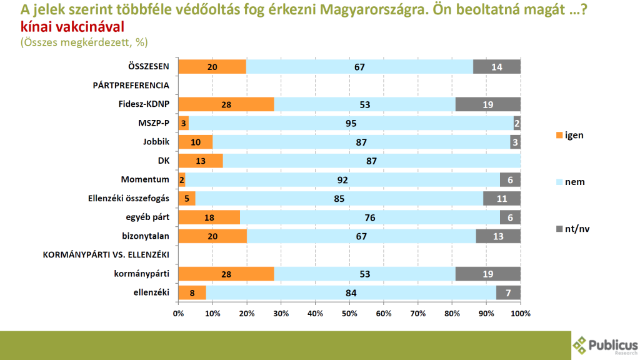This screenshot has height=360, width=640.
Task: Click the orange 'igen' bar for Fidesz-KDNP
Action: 226,104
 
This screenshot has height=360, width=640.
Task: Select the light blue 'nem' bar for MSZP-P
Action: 351,123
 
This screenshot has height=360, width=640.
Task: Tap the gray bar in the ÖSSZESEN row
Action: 497,67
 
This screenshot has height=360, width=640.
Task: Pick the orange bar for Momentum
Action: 181,180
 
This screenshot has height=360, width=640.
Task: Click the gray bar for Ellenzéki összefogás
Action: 502,199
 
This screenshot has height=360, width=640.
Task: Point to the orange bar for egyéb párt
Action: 209,217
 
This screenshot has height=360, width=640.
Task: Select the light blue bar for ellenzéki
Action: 351,292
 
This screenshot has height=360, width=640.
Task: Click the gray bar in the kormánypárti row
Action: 488,274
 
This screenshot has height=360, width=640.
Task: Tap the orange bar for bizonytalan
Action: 212,236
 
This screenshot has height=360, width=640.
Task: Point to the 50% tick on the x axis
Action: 349,312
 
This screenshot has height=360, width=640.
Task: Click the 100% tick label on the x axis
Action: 520,312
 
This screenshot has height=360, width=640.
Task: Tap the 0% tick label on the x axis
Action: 178,312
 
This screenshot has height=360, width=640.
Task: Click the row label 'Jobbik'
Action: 156,142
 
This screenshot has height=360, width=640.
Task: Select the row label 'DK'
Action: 164,161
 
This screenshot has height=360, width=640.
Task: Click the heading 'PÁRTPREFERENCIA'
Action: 131,86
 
